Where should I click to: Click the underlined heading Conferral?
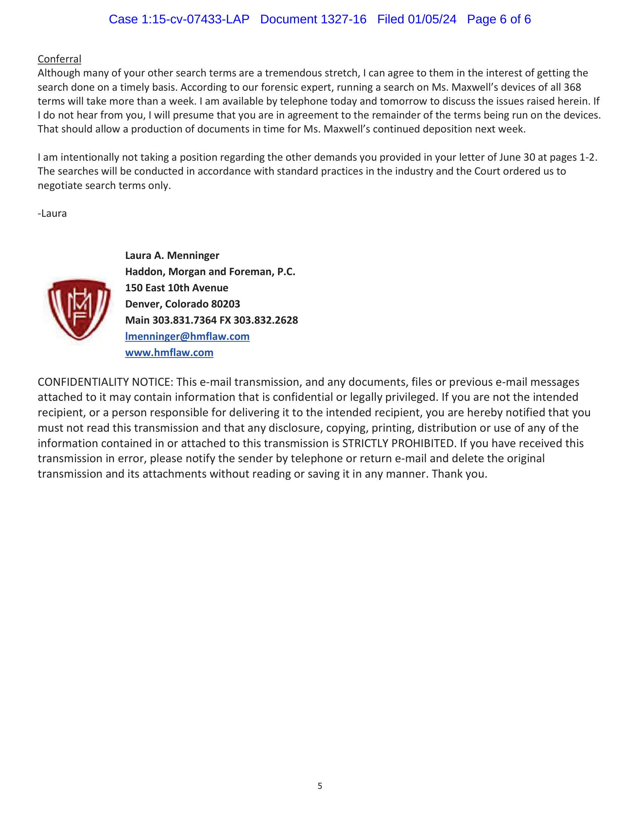pyautogui.click(x=59, y=59)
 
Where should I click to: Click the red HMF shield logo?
pyautogui.click(x=79, y=309)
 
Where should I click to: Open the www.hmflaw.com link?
pyautogui.click(x=169, y=353)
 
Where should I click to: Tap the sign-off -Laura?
pyautogui.click(x=52, y=213)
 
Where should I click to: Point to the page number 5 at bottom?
pyautogui.click(x=320, y=786)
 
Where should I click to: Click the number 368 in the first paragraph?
pyautogui.click(x=572, y=87)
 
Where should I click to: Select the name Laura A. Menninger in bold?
pyautogui.click(x=172, y=256)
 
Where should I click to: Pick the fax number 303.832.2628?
pyautogui.click(x=265, y=320)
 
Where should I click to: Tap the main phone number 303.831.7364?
pyautogui.click(x=184, y=320)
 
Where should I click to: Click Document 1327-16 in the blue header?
pyautogui.click(x=313, y=19)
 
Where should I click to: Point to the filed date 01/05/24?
pyautogui.click(x=432, y=19)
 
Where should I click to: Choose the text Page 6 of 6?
pyautogui.click(x=498, y=19)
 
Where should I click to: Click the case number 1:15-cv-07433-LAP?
pyautogui.click(x=195, y=19)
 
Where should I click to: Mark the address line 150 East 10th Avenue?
pyautogui.click(x=177, y=288)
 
